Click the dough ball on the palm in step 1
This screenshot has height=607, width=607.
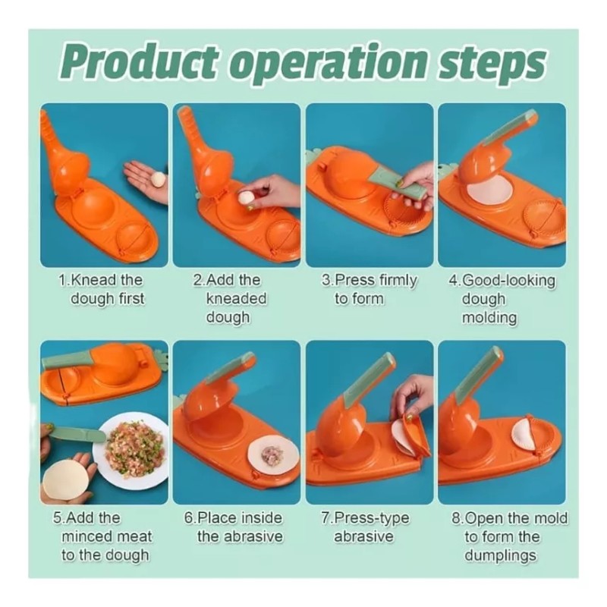[x=158, y=180]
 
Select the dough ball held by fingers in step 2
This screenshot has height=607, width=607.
[x=247, y=198]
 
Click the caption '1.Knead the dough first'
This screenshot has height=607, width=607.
[x=103, y=289]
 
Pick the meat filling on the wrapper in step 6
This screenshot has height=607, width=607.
[x=272, y=454]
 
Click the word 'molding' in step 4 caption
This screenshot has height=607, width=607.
[x=489, y=317]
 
